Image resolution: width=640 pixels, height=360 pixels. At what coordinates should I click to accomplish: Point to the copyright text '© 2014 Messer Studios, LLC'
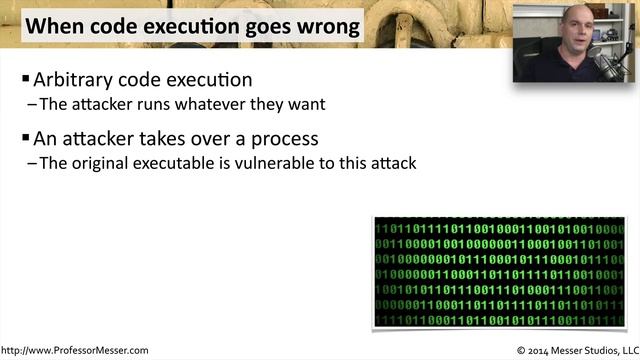point(575,351)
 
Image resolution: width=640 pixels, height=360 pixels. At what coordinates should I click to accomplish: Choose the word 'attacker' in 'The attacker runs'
point(101,103)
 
